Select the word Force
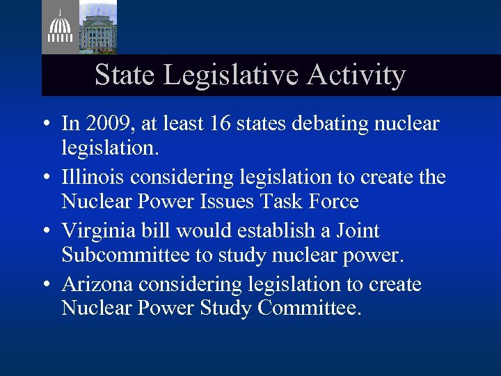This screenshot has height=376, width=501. coord(334,201)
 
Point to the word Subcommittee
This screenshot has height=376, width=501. coord(125,255)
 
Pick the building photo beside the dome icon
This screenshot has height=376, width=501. coord(97,26)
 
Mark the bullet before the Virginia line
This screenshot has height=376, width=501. coord(45,231)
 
